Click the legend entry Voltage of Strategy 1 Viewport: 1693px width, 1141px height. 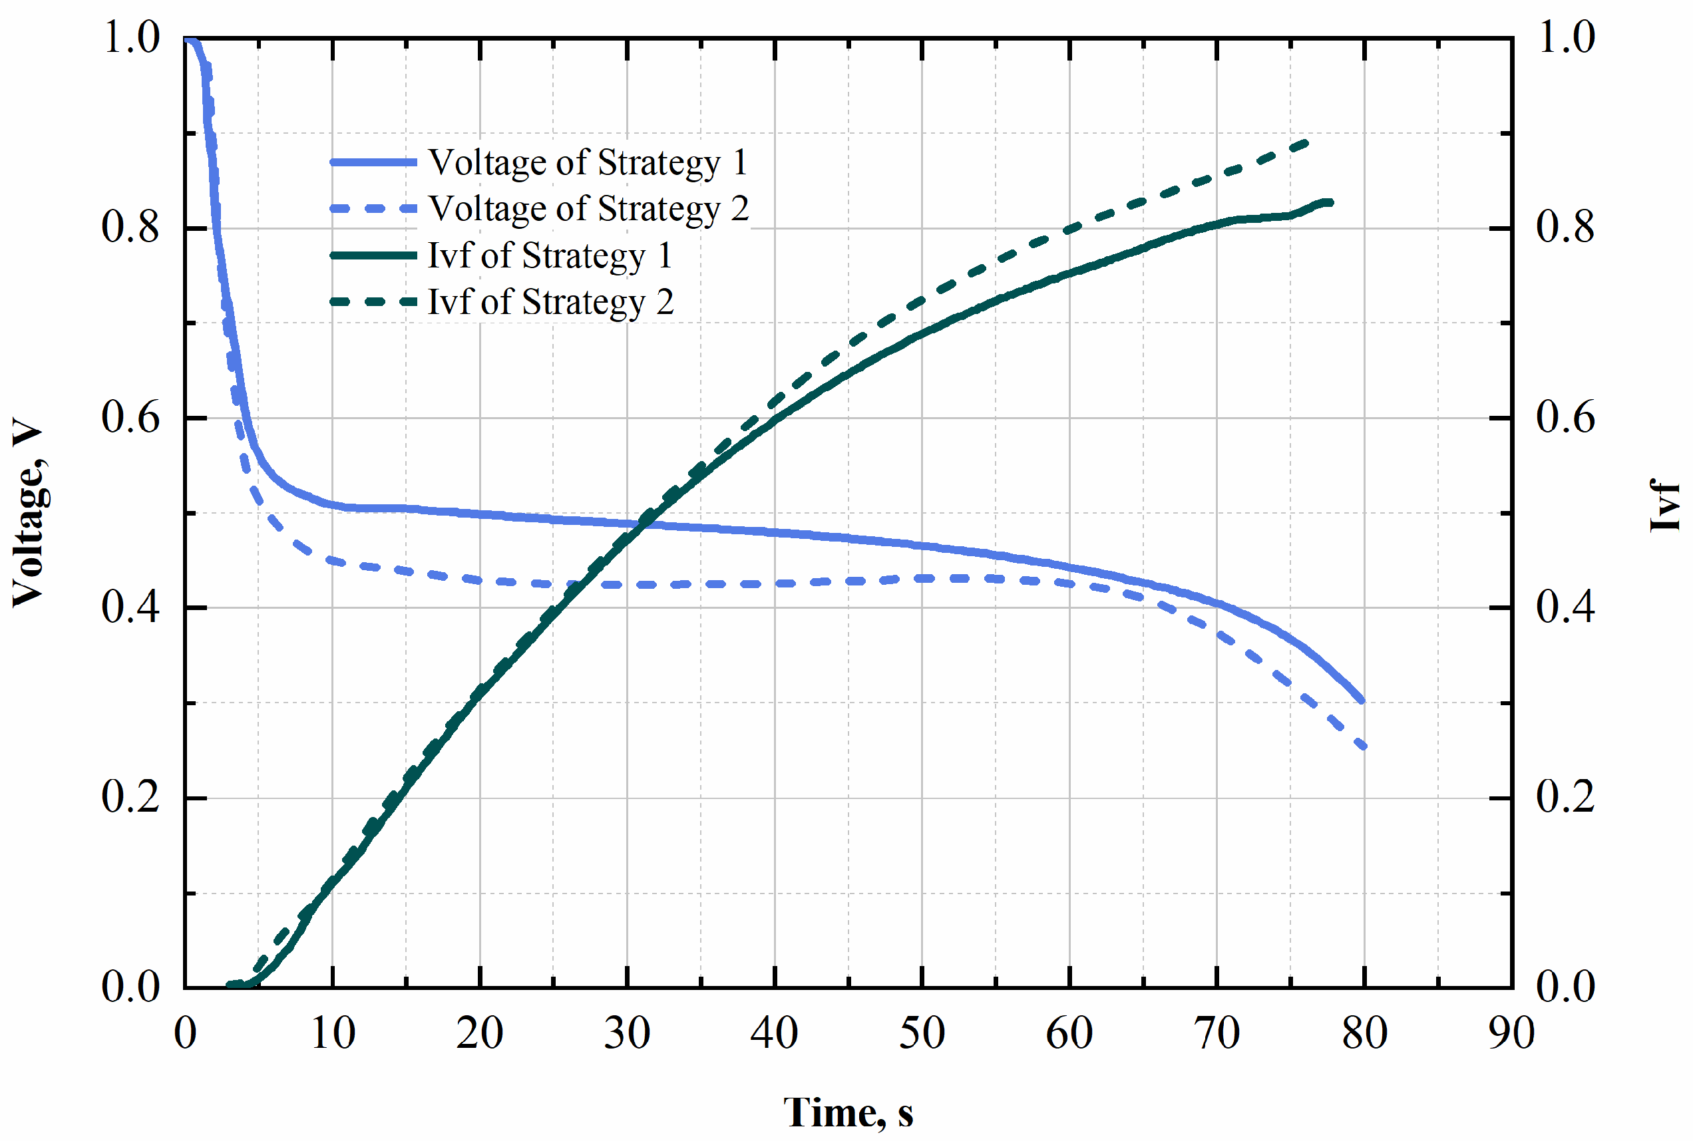pos(588,162)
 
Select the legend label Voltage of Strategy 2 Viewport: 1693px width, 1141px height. pos(588,209)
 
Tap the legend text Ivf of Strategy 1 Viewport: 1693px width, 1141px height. pos(550,255)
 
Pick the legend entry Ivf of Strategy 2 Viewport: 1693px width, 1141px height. pos(550,302)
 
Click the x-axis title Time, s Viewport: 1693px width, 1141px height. pos(847,1112)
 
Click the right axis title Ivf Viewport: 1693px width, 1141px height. pos(1664,505)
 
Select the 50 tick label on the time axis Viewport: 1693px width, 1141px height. pos(922,1033)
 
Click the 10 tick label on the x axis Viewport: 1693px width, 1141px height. pos(333,1033)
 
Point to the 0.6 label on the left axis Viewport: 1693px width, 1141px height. pos(130,418)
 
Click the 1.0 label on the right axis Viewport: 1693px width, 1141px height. pos(1565,37)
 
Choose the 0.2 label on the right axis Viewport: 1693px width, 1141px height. pos(1565,797)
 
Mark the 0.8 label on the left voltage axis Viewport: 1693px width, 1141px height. pos(130,227)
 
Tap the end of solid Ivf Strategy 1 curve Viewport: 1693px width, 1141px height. pos(1330,202)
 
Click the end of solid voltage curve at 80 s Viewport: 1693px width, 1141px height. pos(1362,701)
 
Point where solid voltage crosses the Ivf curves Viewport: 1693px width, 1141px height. pos(645,522)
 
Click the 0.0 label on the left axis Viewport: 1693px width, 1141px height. pos(130,987)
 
